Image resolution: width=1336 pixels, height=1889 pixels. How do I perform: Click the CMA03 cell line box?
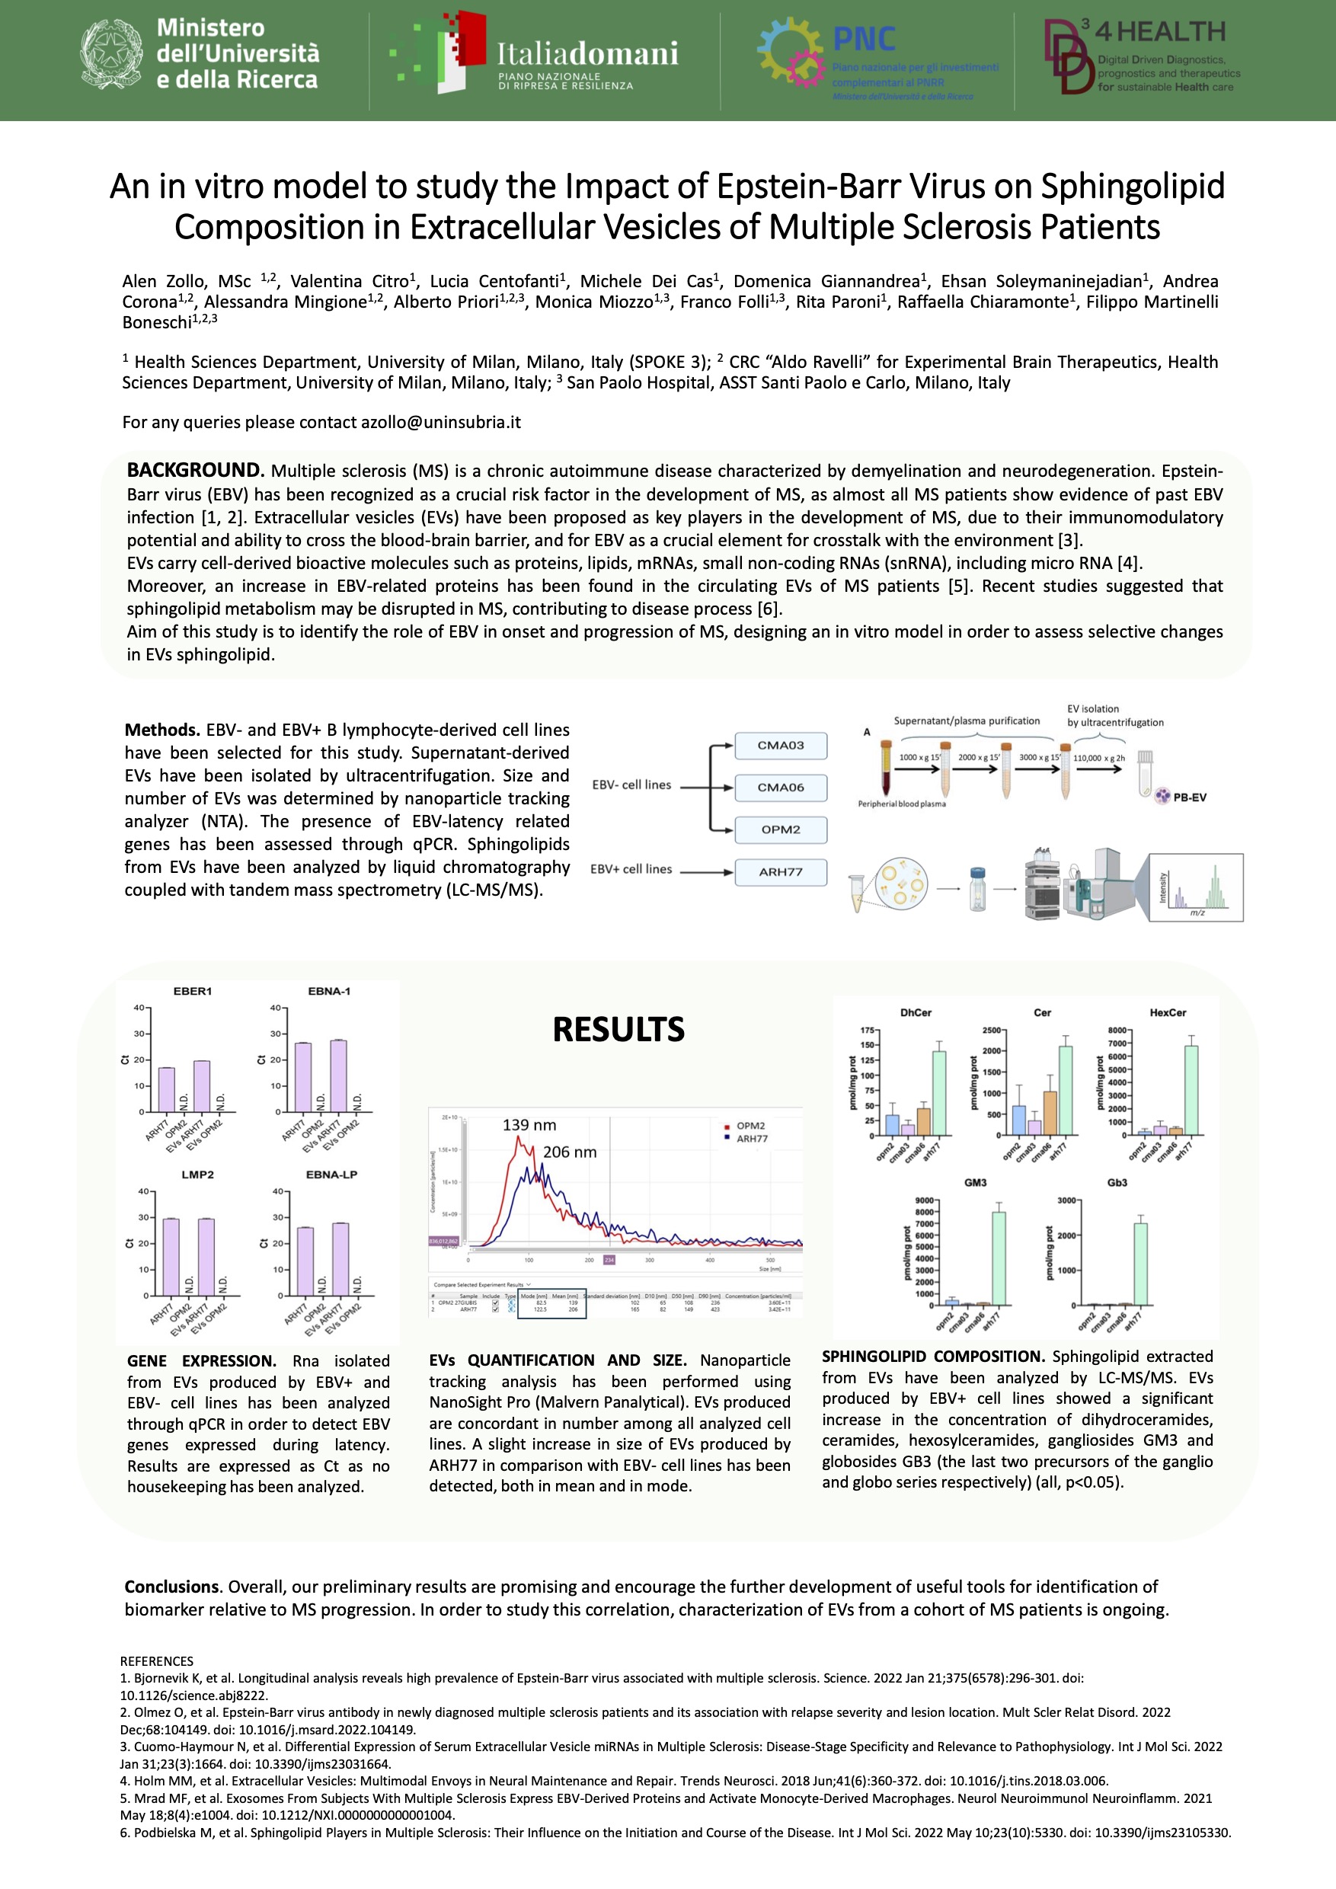click(780, 746)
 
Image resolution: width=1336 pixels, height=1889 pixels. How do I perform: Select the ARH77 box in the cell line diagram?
click(780, 872)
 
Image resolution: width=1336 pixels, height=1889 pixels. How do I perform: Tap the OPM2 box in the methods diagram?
click(780, 829)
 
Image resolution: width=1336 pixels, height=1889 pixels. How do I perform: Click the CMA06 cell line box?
click(780, 788)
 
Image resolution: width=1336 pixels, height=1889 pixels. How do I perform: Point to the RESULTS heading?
click(618, 1029)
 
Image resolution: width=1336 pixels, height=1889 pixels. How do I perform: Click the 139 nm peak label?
click(529, 1125)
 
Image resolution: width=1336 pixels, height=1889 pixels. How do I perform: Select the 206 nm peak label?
click(569, 1152)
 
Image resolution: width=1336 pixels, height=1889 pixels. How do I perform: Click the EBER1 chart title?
click(193, 992)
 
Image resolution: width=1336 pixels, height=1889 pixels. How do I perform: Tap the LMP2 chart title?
click(197, 1175)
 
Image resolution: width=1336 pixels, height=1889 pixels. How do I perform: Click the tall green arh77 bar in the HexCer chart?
click(1191, 1090)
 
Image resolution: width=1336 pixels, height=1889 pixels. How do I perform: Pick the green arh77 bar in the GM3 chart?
click(999, 1259)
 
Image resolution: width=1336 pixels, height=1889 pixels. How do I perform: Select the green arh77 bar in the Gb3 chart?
click(1140, 1264)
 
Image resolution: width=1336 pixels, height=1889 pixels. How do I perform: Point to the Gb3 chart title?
click(1117, 1183)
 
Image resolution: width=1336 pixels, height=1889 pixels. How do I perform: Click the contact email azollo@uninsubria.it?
click(440, 422)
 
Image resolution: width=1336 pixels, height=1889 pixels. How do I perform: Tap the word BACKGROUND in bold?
click(195, 471)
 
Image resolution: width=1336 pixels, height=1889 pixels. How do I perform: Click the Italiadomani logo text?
click(587, 54)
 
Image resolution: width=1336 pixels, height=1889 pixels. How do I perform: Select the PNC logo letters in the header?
click(864, 39)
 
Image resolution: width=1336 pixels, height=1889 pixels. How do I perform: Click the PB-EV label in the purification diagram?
click(1189, 797)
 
